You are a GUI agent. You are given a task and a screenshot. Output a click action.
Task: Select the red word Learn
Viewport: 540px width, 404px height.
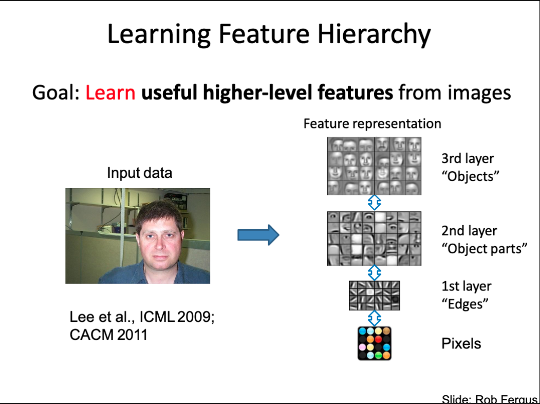tap(110, 93)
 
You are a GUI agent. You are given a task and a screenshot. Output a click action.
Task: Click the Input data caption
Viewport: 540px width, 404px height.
tap(139, 173)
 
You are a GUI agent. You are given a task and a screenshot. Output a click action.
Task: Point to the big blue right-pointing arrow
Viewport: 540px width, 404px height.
tap(258, 235)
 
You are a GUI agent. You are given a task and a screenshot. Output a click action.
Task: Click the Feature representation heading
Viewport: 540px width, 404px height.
tap(372, 124)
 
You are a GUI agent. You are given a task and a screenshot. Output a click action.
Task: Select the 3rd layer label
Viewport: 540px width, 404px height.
tap(468, 158)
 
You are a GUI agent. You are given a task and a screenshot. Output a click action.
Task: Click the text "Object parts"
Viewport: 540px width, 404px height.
tap(484, 249)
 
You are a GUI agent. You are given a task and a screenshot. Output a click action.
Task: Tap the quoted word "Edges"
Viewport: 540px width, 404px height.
tap(465, 304)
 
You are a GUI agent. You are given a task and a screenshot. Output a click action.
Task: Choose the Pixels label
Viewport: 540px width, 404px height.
tap(461, 343)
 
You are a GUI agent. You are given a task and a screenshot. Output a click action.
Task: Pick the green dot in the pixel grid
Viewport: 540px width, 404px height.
tap(378, 355)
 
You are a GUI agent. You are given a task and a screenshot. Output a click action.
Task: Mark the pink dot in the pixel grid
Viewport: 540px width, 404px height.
tap(362, 347)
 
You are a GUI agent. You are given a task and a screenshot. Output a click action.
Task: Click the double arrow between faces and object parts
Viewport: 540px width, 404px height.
tap(375, 203)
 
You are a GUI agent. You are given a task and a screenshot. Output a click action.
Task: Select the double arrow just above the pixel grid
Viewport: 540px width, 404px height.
tap(375, 318)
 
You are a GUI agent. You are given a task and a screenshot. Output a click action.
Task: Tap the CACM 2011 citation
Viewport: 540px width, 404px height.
tap(108, 335)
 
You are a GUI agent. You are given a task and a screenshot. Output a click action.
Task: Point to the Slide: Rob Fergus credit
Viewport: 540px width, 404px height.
tap(490, 399)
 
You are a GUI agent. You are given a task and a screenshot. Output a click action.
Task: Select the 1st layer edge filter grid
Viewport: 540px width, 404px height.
tap(375, 296)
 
